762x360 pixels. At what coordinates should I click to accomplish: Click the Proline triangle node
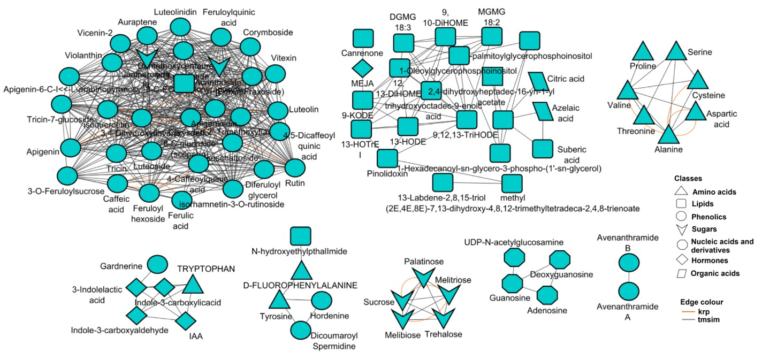643,52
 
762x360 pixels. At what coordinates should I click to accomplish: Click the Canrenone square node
363,39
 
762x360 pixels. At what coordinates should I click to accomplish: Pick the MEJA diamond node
362,69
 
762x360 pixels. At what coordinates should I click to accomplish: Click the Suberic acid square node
542,149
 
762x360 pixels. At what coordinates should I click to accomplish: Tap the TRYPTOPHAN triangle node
194,285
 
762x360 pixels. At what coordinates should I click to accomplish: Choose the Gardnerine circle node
157,264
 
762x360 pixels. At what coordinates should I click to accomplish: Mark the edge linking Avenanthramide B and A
628,278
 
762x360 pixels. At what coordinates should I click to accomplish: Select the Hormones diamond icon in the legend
682,261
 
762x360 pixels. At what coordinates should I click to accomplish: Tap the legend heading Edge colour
694,300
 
